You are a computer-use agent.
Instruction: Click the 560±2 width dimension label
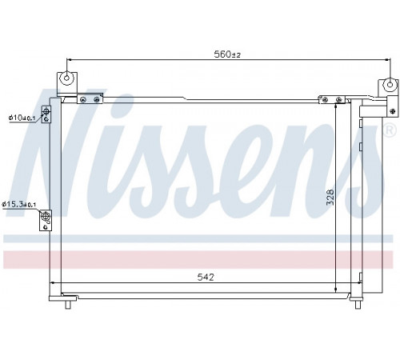point(227,54)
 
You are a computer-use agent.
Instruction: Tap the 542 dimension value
point(206,278)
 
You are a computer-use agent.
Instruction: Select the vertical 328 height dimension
point(330,197)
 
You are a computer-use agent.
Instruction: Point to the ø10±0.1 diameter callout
point(22,118)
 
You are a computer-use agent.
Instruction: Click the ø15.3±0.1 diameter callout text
point(19,205)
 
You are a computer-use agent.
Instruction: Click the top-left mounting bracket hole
point(66,78)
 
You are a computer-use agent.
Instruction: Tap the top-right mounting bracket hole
point(390,85)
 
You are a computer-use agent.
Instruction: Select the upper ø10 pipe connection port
point(46,110)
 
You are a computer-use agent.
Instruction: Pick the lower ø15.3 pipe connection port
point(46,215)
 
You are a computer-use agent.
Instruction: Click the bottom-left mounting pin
point(68,304)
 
